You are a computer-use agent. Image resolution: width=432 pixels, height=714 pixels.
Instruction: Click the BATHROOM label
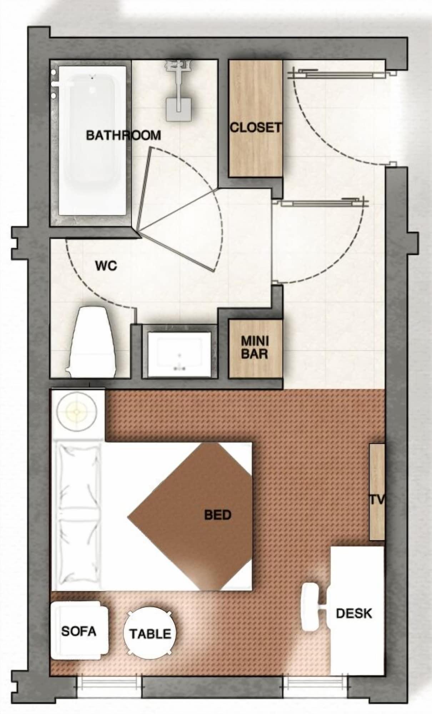[124, 135]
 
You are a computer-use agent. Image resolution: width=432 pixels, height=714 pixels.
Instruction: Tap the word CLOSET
[255, 127]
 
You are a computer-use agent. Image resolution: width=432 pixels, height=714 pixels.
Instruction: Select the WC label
[106, 266]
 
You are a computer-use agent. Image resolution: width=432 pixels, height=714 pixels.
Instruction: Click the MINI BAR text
[255, 347]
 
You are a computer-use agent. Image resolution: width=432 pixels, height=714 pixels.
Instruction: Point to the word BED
[218, 514]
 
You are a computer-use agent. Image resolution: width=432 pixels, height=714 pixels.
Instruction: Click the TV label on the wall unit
[377, 500]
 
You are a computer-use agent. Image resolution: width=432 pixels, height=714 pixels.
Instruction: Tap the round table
[150, 634]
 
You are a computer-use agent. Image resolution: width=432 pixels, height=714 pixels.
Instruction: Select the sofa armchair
[79, 631]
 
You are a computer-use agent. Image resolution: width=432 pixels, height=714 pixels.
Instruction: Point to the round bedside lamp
[77, 412]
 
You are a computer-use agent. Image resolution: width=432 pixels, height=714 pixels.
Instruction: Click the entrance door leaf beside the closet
[337, 74]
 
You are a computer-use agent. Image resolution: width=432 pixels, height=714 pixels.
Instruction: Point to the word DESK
[354, 613]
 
